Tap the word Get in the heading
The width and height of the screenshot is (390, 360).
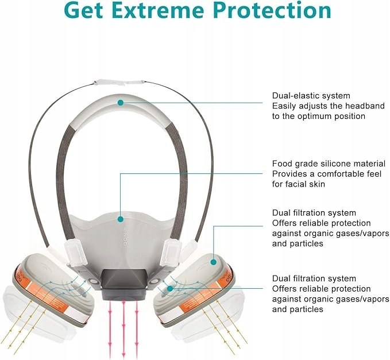84,10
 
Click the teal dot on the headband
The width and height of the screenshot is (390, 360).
121,102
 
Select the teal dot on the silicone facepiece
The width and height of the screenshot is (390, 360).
121,219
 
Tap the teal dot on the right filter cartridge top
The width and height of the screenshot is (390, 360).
214,262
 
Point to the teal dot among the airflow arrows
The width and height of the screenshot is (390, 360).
170,289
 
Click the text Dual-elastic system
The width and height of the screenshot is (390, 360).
311,96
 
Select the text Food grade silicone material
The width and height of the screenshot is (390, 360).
329,164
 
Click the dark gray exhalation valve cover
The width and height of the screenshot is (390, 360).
123,284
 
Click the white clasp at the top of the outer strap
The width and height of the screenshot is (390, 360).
118,83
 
